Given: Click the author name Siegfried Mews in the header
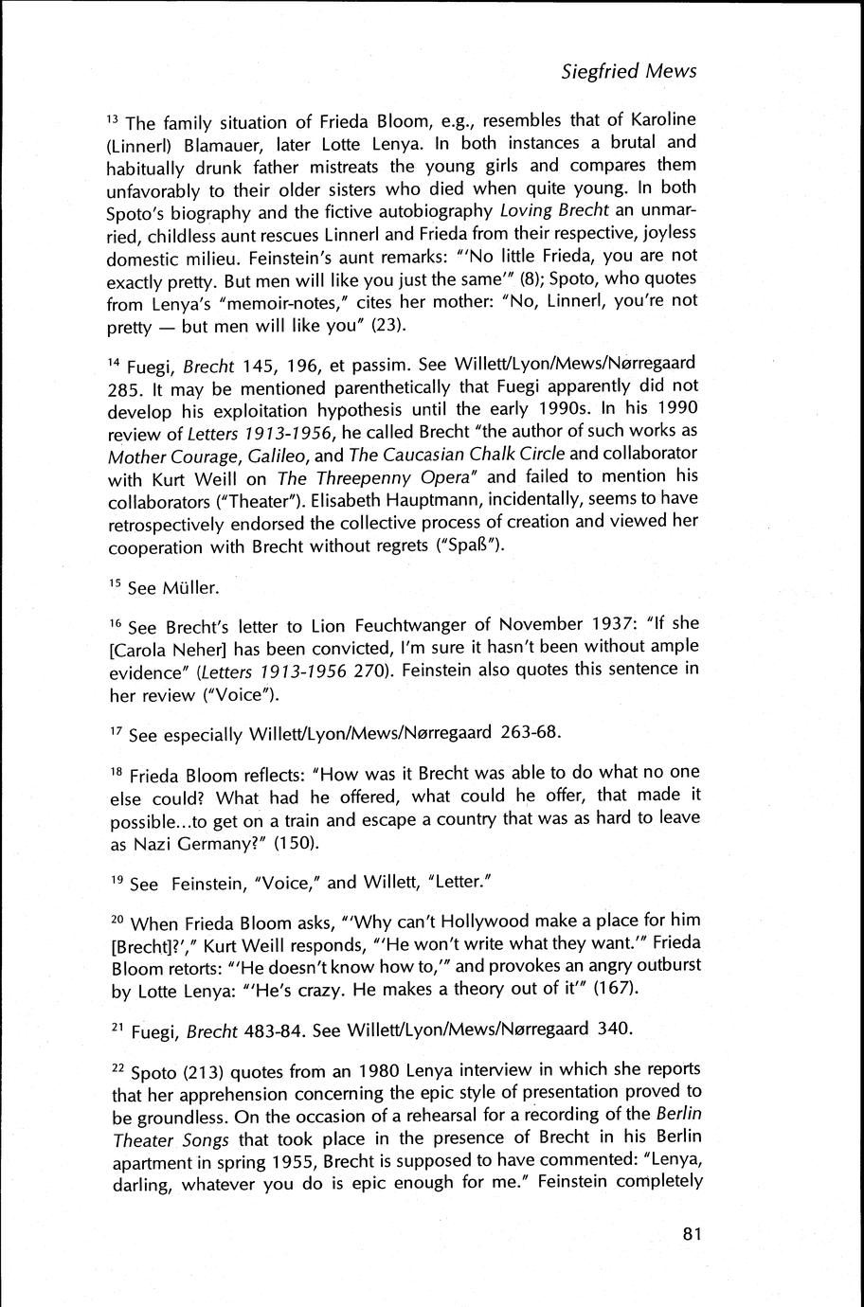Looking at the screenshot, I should (x=628, y=71).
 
